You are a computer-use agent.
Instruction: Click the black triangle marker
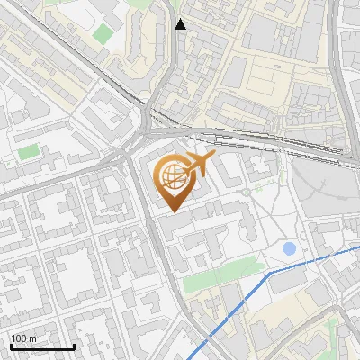(x=181, y=24)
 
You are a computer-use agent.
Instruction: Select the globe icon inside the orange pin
(x=171, y=177)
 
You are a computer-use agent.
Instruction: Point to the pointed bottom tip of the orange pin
(x=171, y=211)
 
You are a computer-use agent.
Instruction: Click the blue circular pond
(x=289, y=247)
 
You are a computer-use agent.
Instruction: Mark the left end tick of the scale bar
(x=11, y=345)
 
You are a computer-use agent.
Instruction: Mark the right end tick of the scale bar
(x=74, y=345)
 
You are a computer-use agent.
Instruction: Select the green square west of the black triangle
(x=103, y=34)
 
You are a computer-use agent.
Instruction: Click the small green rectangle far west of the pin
(x=29, y=151)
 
